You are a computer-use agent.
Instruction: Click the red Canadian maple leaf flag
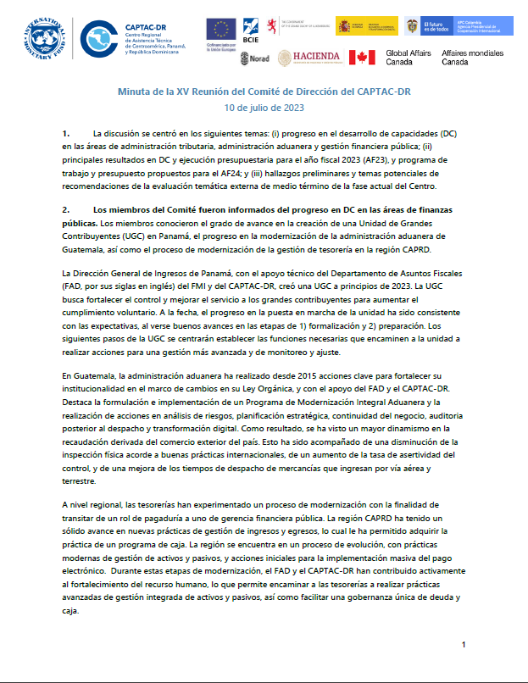coord(363,58)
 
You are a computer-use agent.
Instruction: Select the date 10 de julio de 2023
coord(264,108)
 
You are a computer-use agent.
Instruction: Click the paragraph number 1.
coord(65,134)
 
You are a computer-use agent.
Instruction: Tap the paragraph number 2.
coord(65,208)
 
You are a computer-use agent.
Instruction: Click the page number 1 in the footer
coord(464,645)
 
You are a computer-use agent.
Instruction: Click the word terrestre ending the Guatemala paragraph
coord(80,480)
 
